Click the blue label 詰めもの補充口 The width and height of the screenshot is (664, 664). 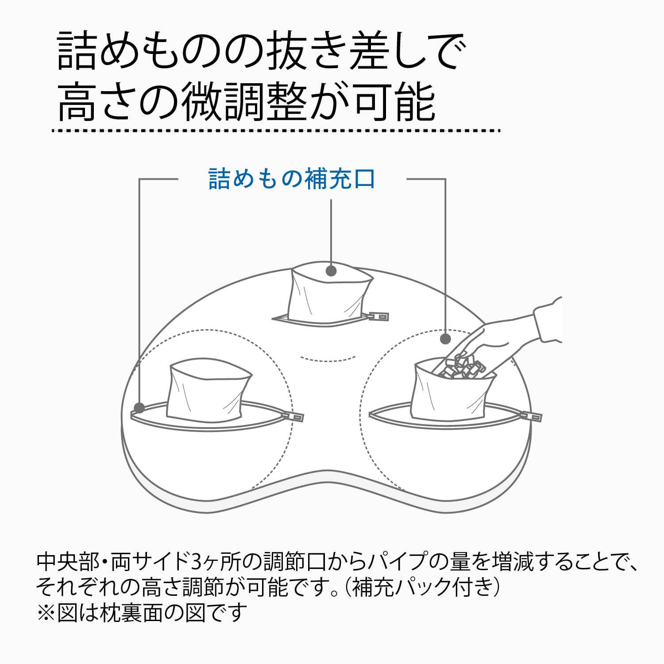point(292,179)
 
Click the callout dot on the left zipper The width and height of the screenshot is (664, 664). point(139,407)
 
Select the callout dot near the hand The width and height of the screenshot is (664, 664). point(445,339)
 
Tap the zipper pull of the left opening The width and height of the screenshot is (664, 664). point(293,417)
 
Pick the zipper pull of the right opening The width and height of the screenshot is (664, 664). point(531,417)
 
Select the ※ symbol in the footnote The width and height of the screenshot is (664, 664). point(46,613)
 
